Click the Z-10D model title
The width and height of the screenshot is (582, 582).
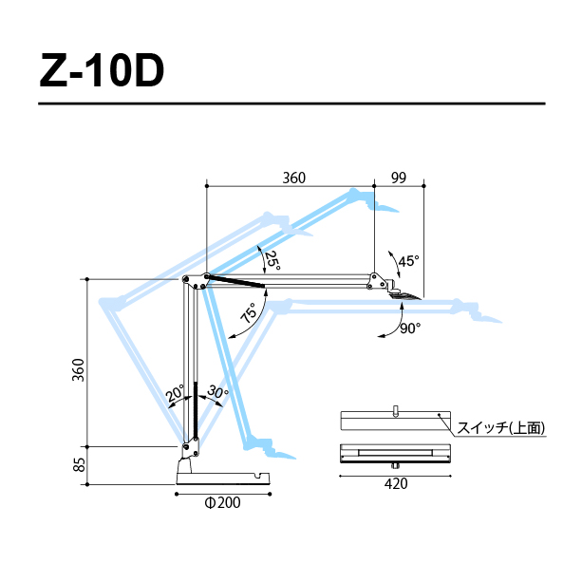102,70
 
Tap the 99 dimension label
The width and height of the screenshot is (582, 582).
399,178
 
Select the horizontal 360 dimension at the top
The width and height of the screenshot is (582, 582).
294,178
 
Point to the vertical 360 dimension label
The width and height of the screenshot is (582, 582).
78,370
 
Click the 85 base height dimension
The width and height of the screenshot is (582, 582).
79,464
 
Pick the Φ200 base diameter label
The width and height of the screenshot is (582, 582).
222,503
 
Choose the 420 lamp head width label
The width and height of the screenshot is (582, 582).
396,484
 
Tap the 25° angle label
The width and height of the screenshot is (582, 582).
272,260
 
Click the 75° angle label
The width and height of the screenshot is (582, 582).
249,312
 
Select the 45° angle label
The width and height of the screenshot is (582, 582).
408,261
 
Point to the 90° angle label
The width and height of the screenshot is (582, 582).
410,329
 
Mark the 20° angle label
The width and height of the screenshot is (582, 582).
175,393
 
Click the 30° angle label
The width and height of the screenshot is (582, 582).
217,392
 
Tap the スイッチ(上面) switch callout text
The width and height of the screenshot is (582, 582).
501,428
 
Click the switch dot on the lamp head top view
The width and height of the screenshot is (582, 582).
439,414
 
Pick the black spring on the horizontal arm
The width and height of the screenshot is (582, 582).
236,281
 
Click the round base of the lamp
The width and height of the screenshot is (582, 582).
223,478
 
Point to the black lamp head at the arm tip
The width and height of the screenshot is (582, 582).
405,296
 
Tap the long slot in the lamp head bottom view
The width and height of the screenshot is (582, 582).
395,453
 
